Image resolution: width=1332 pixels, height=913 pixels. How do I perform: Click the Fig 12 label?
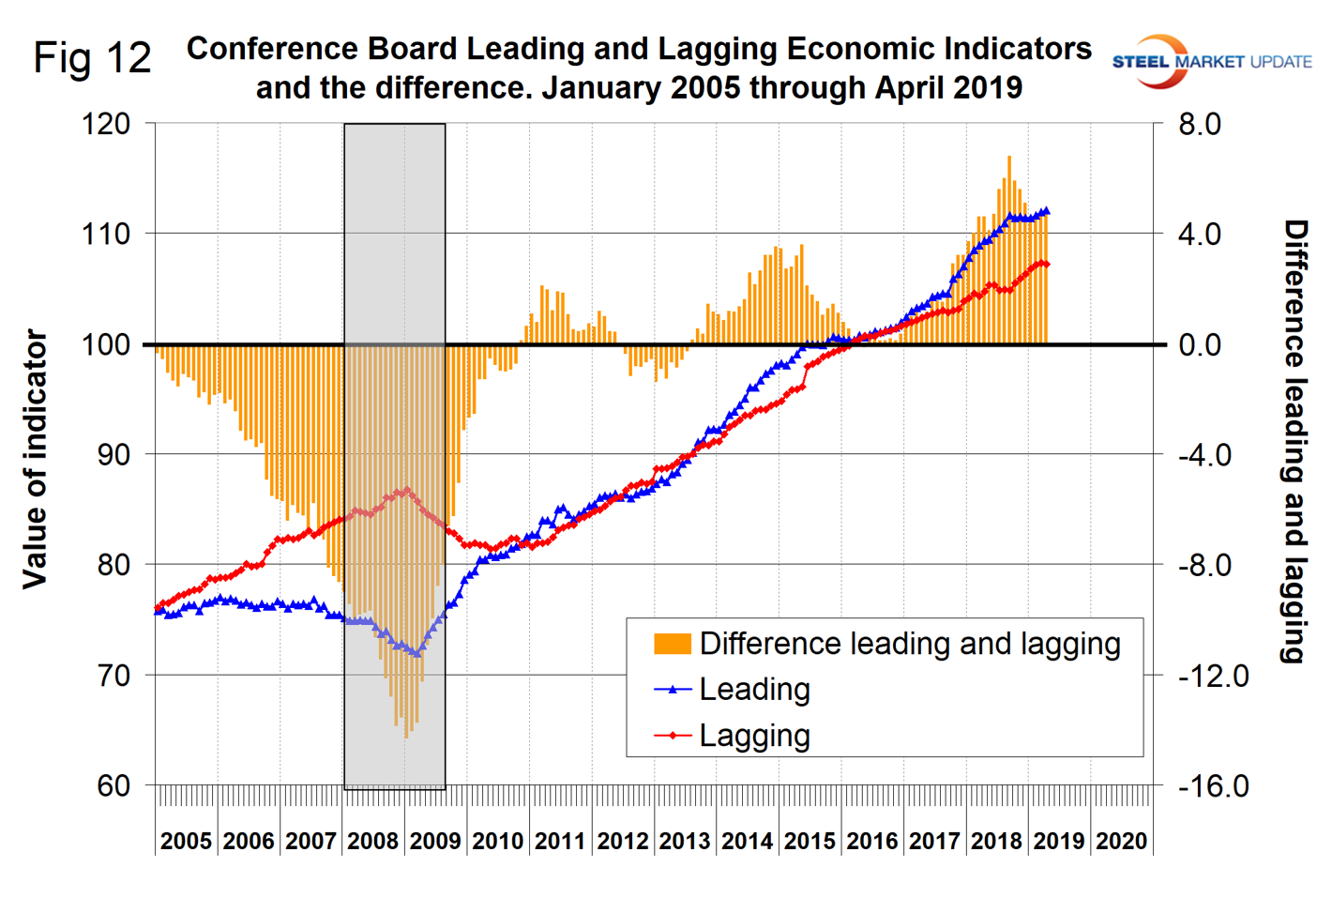click(92, 58)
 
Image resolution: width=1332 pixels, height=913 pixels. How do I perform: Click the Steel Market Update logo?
click(1211, 62)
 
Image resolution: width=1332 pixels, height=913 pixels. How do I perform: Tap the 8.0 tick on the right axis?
click(1200, 124)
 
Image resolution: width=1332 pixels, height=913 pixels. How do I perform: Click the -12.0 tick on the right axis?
click(1213, 675)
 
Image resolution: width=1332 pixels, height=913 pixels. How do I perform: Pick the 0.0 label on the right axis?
click(1200, 344)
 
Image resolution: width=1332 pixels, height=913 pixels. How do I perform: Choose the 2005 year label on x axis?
click(186, 841)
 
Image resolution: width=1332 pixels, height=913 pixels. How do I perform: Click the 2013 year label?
click(685, 841)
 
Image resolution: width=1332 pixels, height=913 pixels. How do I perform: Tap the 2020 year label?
click(1121, 841)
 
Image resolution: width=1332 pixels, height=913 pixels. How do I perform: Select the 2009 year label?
click(435, 841)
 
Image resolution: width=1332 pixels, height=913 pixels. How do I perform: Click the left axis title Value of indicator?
click(36, 459)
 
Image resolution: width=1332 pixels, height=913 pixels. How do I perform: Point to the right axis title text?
click(1294, 441)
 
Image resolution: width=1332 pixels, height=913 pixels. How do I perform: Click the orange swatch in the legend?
click(673, 644)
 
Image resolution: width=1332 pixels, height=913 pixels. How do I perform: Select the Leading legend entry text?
click(754, 690)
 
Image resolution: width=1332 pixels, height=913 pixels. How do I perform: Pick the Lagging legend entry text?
click(754, 736)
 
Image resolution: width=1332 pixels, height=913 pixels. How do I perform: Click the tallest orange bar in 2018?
click(1008, 158)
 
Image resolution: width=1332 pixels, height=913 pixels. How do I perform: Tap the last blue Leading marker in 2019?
click(1046, 212)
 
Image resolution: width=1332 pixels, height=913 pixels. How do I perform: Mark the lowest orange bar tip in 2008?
click(406, 736)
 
